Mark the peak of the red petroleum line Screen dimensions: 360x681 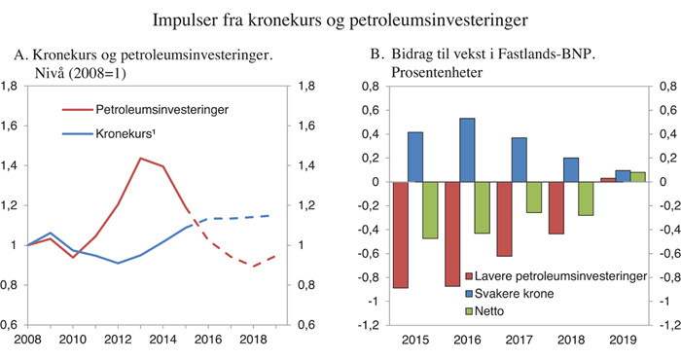[141, 158]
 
